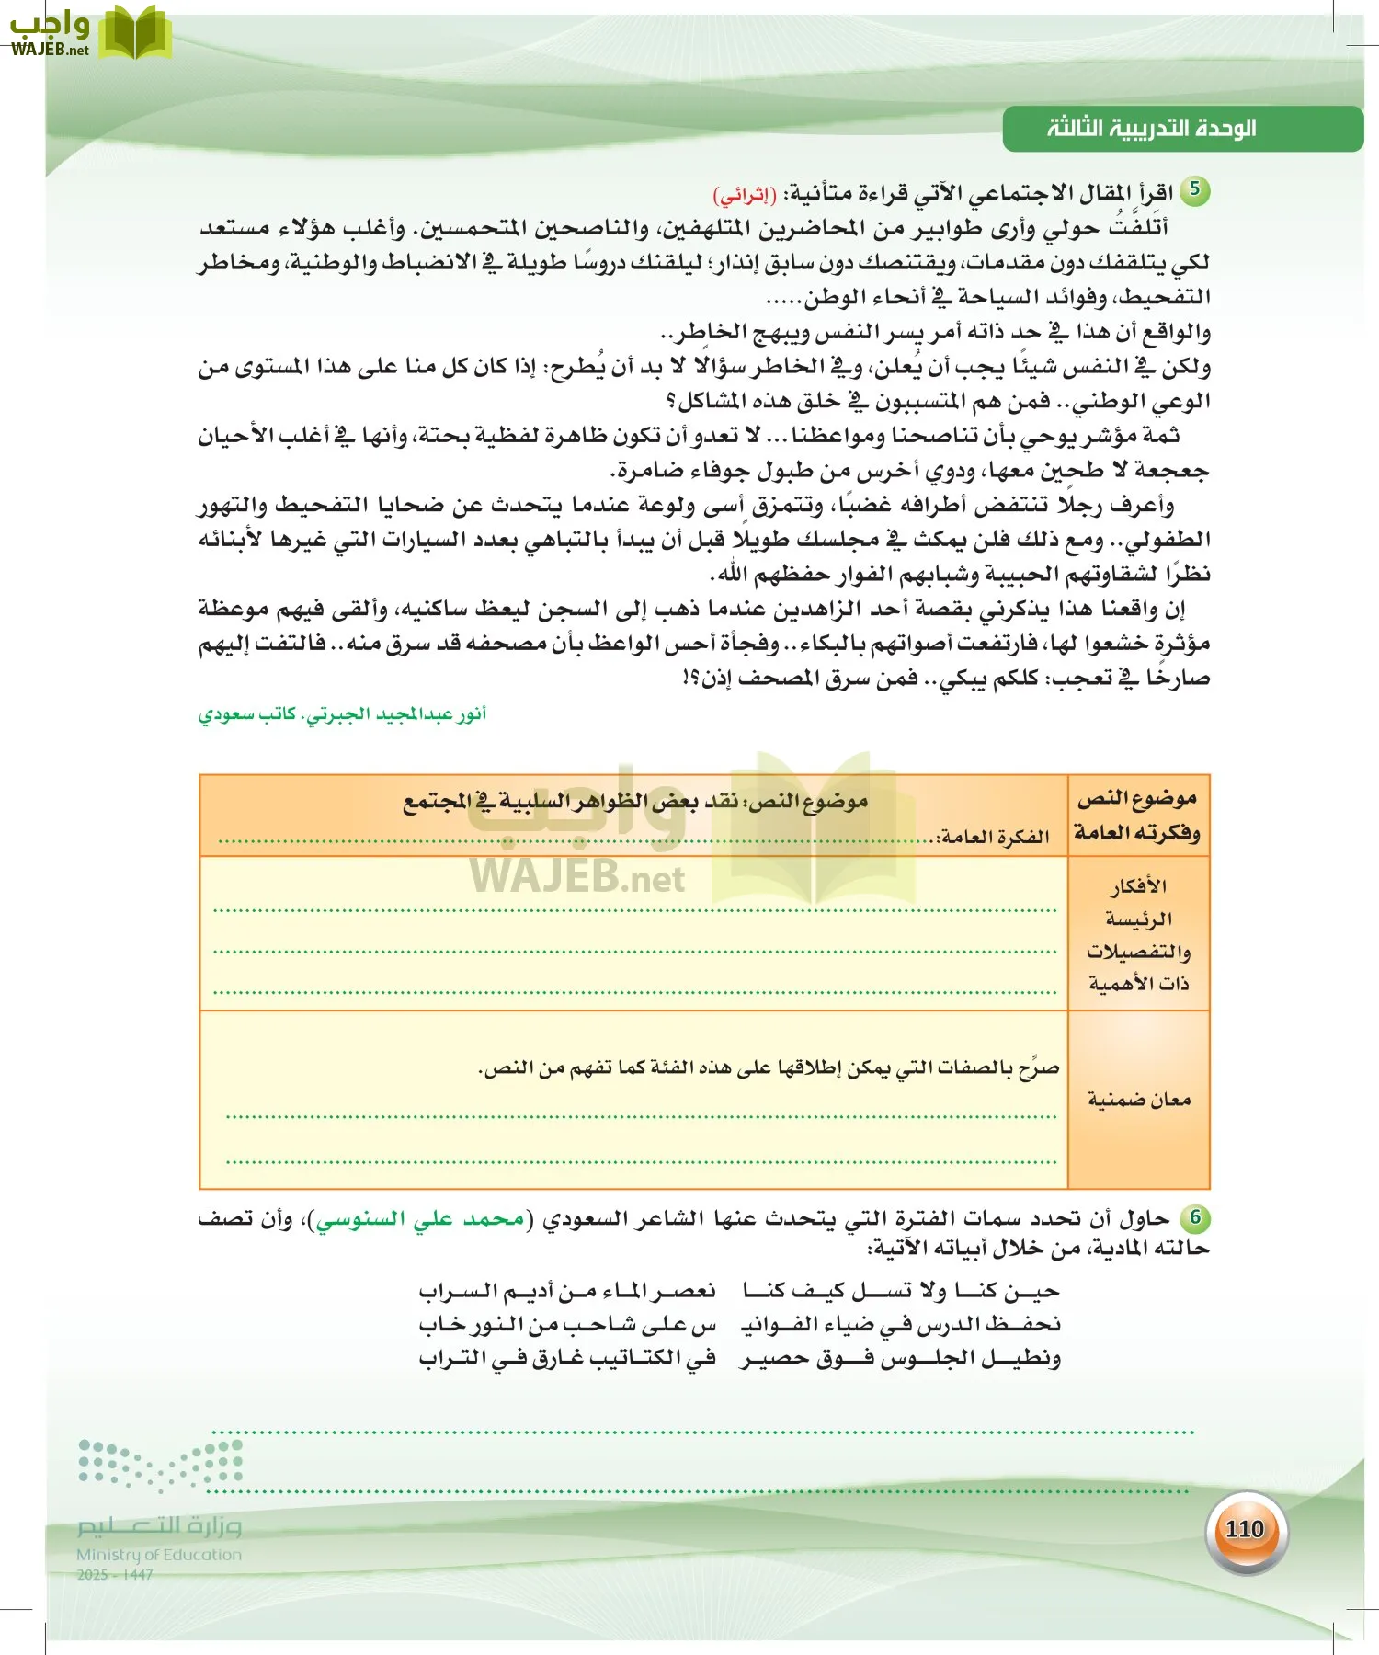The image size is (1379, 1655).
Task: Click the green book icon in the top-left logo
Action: [135, 32]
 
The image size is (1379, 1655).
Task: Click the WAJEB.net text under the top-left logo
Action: [51, 50]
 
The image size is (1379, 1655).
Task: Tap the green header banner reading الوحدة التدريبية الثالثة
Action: [1181, 129]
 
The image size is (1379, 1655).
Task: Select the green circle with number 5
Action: [1194, 189]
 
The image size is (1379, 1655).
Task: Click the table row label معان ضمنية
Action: [1138, 1100]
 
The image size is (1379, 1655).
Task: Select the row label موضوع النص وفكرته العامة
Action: [1138, 816]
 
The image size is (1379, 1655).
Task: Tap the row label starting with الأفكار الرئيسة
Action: [1138, 934]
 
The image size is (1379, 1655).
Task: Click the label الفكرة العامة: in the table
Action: [993, 837]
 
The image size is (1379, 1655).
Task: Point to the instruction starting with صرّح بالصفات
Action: [769, 1068]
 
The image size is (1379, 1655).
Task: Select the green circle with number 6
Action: [1195, 1217]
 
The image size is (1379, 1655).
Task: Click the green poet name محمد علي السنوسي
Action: [420, 1219]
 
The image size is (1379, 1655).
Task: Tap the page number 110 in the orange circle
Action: [1245, 1528]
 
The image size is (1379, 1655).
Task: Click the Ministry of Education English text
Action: [159, 1555]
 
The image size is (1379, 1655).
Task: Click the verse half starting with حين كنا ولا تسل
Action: [901, 1291]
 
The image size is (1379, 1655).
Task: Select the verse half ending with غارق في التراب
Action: [567, 1358]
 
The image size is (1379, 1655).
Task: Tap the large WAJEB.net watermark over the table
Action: [577, 878]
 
